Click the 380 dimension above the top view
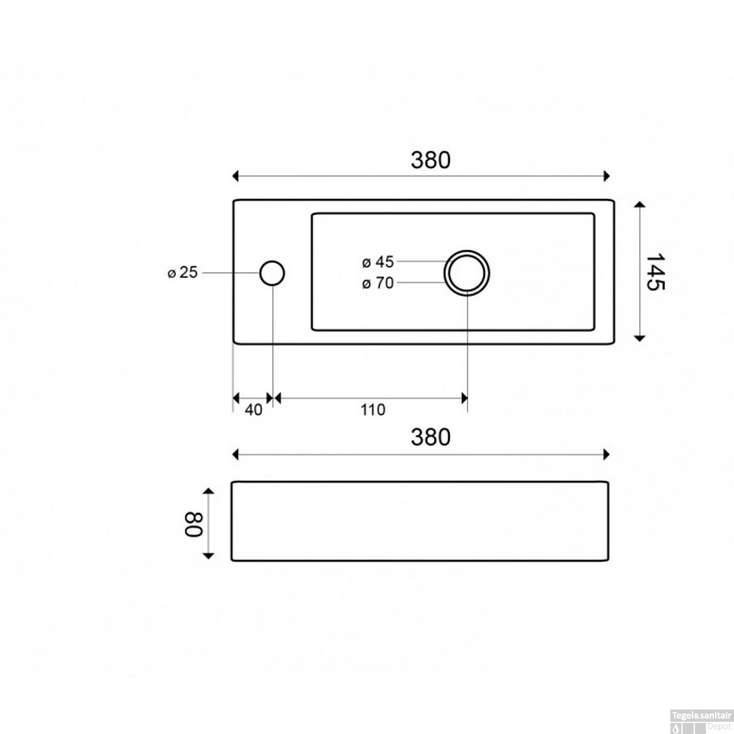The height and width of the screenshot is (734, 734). click(431, 160)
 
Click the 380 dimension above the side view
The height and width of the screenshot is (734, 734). click(431, 437)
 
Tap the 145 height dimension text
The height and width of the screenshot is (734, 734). click(655, 272)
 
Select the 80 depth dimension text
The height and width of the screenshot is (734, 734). click(193, 525)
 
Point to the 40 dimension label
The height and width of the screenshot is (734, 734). click(253, 410)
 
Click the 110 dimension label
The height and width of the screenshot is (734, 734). click(373, 410)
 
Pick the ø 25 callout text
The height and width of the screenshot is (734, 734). click(183, 273)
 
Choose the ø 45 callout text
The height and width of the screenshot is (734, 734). click(378, 262)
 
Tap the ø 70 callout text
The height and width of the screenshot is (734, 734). click(378, 283)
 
